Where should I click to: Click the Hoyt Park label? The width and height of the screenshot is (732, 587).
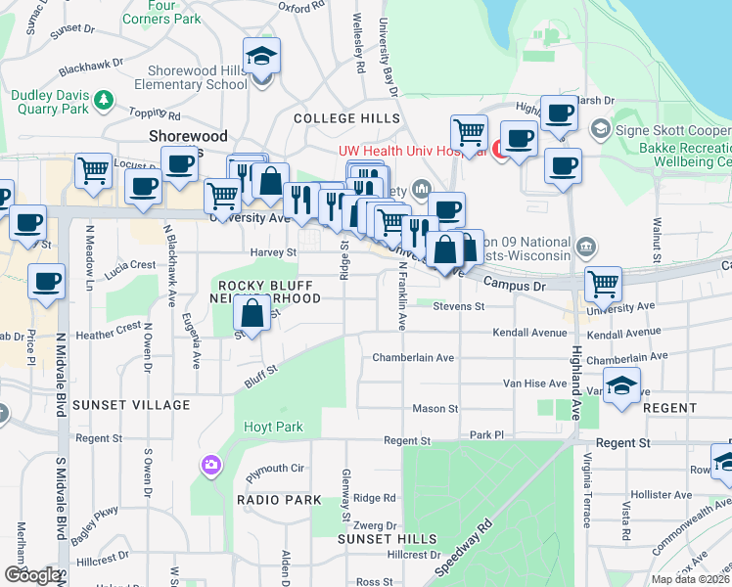coord(274,427)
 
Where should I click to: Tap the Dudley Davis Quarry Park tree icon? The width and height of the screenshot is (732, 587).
coord(102,99)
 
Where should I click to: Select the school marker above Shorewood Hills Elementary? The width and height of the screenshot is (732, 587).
coord(261,58)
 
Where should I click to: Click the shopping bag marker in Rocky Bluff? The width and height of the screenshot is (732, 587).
coord(252,315)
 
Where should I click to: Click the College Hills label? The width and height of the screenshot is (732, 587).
coord(346,118)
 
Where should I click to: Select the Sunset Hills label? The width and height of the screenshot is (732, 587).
coord(387,539)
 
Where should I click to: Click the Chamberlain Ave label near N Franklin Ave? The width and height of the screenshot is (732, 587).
coord(413,358)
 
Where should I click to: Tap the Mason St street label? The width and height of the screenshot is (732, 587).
coord(435,408)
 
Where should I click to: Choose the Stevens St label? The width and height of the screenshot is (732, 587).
coord(458,306)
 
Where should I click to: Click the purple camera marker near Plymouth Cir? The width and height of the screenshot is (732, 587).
coord(210,466)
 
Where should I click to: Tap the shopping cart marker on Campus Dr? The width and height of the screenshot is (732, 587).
coord(603,286)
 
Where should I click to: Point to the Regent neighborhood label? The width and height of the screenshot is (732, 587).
coord(670,408)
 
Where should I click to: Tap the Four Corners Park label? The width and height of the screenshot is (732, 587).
coord(161,13)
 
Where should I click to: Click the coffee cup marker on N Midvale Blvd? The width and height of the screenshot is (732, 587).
coord(46,283)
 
